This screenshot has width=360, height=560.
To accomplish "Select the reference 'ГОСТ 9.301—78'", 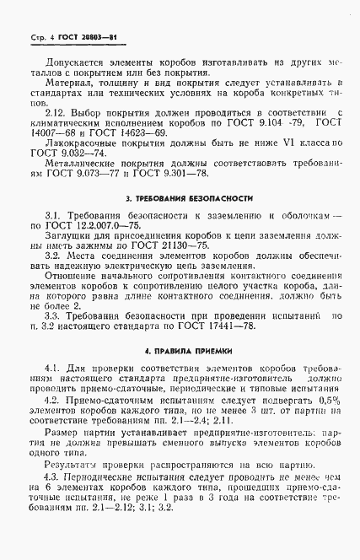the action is click(x=183, y=177).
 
